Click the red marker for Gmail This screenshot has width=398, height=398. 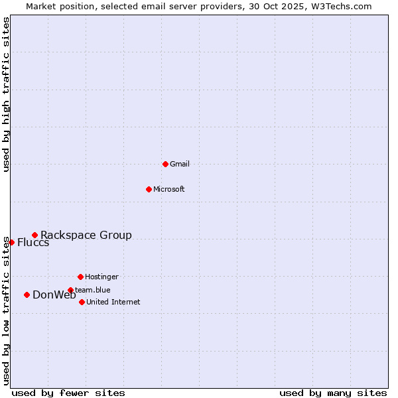tap(165, 164)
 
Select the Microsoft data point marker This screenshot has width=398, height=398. tap(149, 189)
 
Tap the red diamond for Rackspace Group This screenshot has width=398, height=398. tap(34, 235)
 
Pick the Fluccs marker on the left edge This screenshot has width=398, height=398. tap(11, 242)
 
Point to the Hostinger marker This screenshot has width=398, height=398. tap(80, 277)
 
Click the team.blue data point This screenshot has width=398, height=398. tap(70, 290)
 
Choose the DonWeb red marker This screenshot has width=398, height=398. tap(27, 295)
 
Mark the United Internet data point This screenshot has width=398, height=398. tap(82, 302)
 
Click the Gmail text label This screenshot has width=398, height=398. tap(180, 164)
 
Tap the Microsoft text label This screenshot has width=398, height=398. tap(169, 189)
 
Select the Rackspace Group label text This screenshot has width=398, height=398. tap(86, 235)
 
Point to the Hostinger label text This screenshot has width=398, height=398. tap(101, 277)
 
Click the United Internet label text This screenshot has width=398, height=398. tap(113, 302)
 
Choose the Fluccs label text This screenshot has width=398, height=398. tap(33, 242)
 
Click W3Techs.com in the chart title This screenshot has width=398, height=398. tap(341, 6)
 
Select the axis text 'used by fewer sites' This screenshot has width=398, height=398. tap(68, 393)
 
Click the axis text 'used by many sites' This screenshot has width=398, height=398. tap(333, 393)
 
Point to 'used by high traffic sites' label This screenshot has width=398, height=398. tap(6, 95)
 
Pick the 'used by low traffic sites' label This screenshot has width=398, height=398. tap(6, 310)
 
